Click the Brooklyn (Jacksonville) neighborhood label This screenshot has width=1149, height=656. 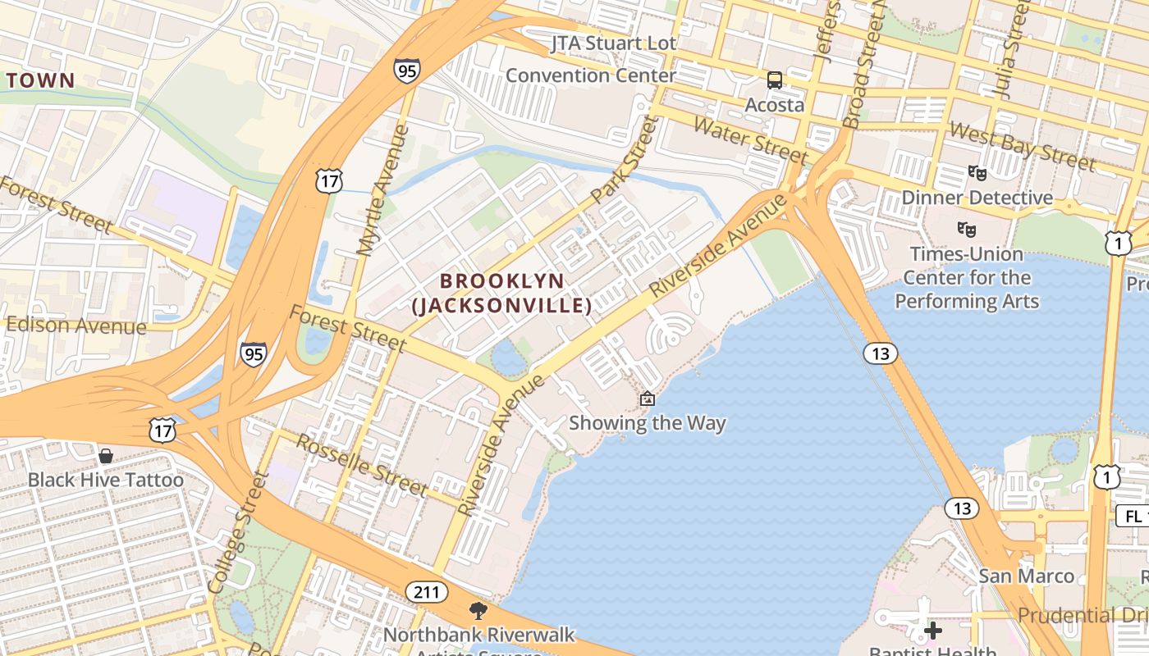click(501, 293)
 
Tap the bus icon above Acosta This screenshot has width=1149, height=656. click(775, 80)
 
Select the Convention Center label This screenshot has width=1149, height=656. click(590, 75)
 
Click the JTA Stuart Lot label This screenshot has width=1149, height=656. click(614, 43)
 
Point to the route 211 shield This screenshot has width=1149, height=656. click(427, 592)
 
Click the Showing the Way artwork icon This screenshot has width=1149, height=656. click(648, 399)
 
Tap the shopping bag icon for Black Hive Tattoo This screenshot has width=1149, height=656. click(106, 456)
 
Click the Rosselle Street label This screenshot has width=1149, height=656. click(362, 466)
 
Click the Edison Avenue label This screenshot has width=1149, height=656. click(76, 326)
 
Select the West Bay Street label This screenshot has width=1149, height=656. click(1022, 146)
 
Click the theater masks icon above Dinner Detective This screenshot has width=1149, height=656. click(977, 172)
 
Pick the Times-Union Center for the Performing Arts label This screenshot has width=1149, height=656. click(967, 277)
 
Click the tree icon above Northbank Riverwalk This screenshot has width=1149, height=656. click(478, 611)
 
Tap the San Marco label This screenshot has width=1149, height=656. click(1026, 576)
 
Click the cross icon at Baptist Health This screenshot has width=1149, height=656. click(933, 631)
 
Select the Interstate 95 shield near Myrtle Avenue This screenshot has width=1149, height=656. click(405, 71)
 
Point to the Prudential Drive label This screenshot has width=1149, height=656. click(1083, 614)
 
